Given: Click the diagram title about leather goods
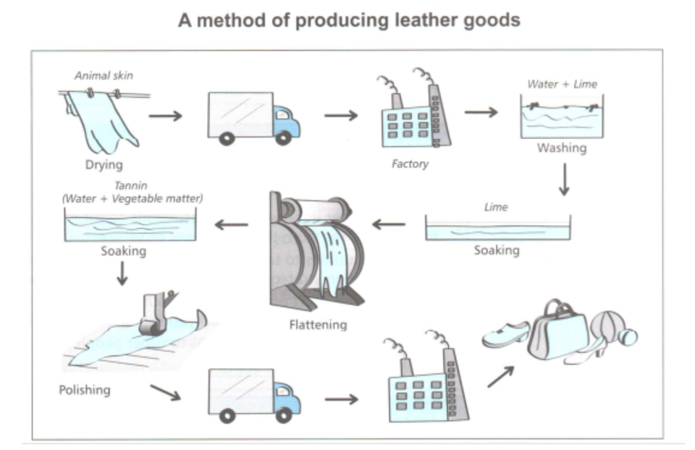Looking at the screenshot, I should click(349, 20).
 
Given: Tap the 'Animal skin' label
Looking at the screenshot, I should click(104, 75).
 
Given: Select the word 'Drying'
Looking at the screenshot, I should click(104, 165).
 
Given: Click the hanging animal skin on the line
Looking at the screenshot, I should click(101, 119).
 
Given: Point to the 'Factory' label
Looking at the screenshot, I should click(410, 164).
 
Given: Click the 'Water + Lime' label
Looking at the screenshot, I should click(562, 84).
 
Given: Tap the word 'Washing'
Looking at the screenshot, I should click(561, 148).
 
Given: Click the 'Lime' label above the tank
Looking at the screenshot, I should click(496, 207).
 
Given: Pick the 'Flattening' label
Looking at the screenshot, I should click(317, 325).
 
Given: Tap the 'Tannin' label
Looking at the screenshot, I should click(130, 186).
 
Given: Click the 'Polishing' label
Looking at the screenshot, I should click(85, 390).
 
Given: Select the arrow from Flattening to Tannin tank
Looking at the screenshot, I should click(230, 225).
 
